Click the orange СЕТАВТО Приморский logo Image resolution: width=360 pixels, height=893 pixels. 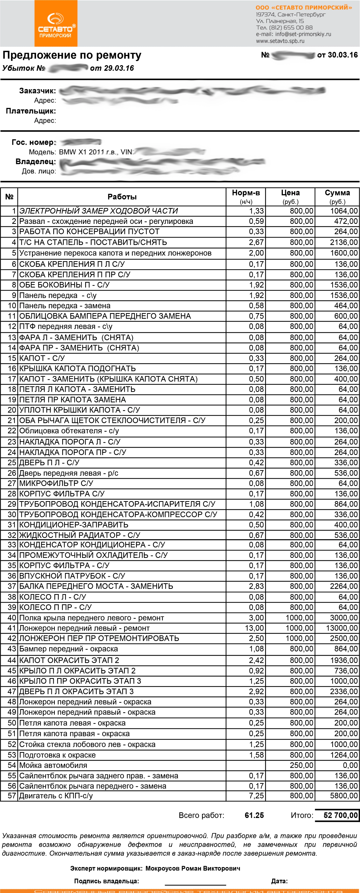point(56,24)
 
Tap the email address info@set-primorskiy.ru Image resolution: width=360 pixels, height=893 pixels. point(303,34)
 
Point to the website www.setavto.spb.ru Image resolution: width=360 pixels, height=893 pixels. point(280,41)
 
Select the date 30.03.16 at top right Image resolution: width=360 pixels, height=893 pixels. point(343,55)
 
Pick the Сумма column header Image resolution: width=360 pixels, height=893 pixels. point(337,193)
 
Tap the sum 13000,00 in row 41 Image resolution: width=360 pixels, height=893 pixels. point(342,628)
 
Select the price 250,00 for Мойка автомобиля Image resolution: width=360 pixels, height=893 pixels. point(301,765)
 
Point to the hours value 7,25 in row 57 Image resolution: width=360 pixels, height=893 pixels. point(256,796)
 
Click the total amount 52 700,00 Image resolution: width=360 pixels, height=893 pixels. point(340,815)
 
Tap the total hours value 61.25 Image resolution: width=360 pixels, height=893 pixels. point(254,815)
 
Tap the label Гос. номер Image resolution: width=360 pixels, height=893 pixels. point(34,142)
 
